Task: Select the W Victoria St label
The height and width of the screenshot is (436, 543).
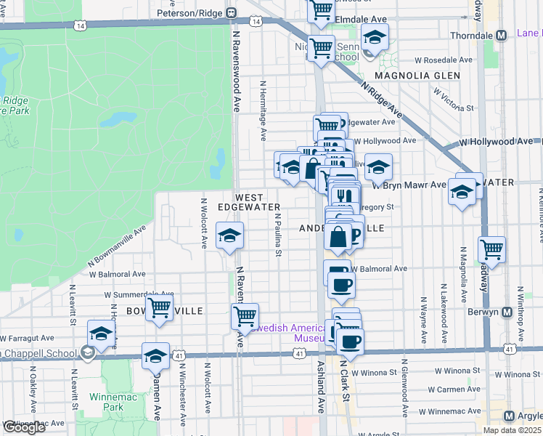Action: [454, 100]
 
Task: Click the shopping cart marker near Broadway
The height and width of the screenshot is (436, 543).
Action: [492, 250]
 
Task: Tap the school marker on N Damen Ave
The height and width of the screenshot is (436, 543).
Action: [155, 355]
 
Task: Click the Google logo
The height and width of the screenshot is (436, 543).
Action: [24, 427]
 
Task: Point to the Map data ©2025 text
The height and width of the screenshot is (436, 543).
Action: [513, 430]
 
